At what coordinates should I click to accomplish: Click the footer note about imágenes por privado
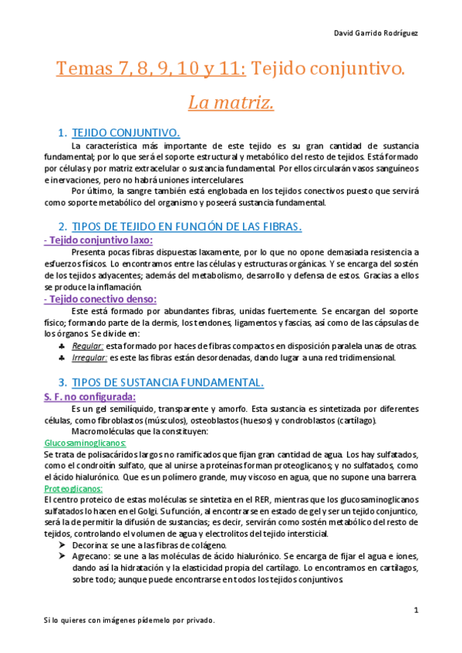pyautogui.click(x=129, y=621)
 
